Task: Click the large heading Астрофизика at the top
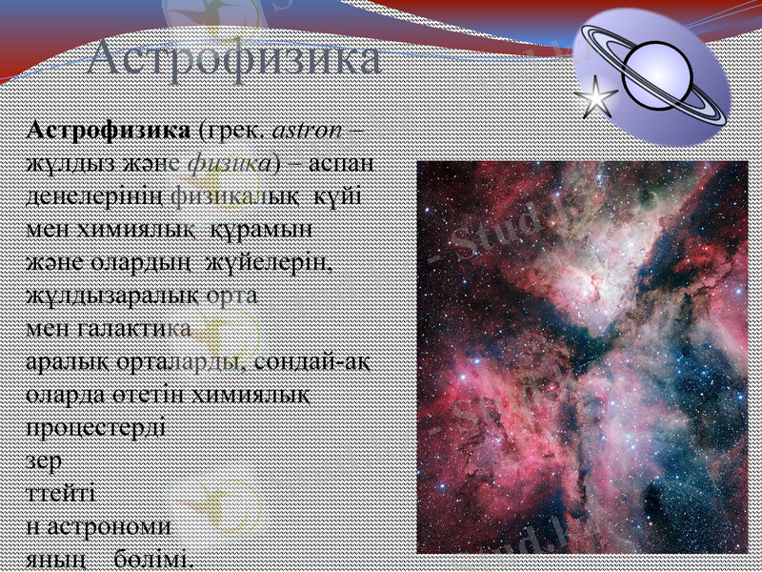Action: [234, 60]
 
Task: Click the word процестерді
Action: [95, 428]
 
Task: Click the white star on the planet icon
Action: [597, 97]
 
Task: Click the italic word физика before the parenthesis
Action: [229, 163]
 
